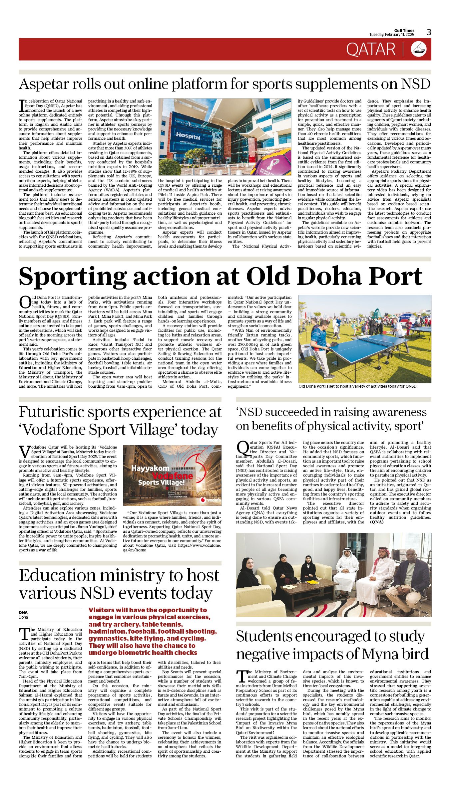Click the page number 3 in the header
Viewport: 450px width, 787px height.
429,32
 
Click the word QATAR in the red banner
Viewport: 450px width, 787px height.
370,49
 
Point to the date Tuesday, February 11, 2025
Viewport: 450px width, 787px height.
391,35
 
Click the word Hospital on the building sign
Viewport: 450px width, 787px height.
188,135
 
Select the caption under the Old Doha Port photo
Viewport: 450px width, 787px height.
357,386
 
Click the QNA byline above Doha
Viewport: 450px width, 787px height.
23,612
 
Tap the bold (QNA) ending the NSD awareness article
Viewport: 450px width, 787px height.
376,522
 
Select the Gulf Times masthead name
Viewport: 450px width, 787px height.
404,30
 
